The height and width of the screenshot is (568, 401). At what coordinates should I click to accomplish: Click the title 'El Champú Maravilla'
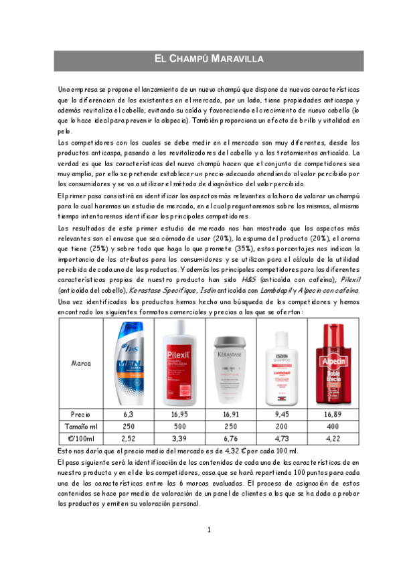[200, 59]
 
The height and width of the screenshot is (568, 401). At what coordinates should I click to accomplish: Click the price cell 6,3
[129, 415]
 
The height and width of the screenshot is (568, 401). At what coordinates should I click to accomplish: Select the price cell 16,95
[179, 415]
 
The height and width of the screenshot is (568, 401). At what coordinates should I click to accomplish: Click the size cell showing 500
[179, 427]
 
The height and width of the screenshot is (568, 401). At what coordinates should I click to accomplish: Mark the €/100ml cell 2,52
[129, 439]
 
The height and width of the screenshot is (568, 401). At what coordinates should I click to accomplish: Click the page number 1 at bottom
[208, 530]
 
